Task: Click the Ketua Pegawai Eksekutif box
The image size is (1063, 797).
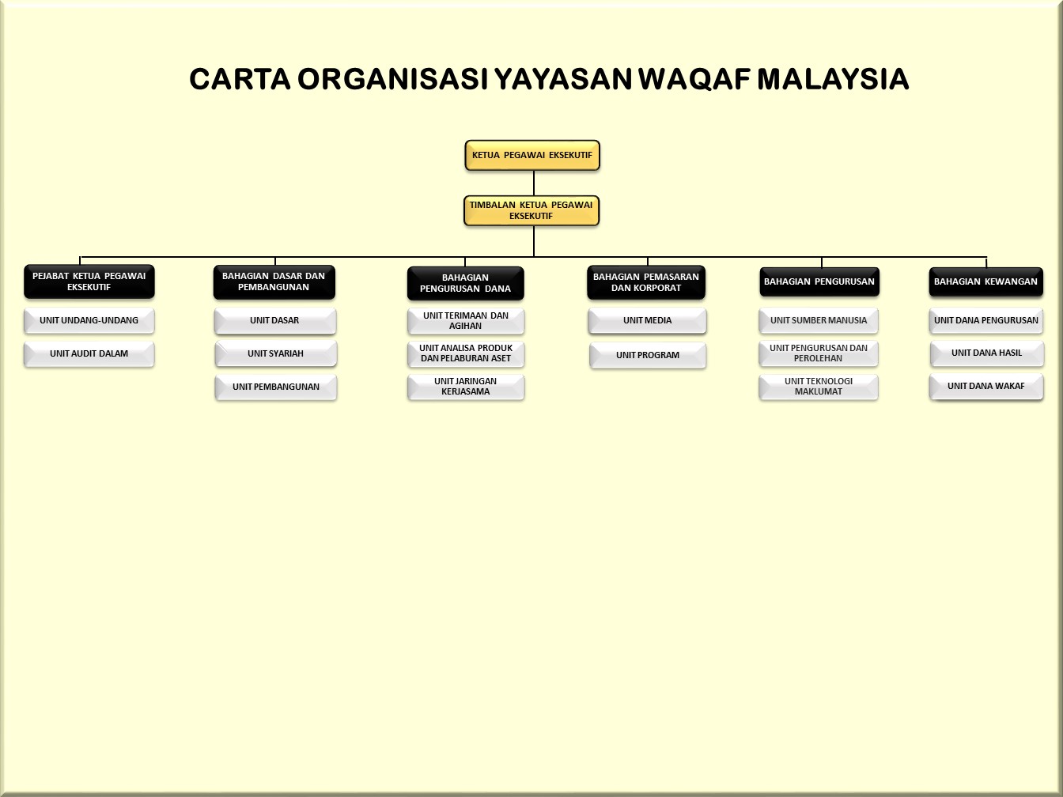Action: click(532, 155)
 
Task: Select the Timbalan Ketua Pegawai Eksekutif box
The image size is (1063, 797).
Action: click(531, 210)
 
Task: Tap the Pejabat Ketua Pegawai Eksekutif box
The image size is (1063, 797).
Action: click(89, 281)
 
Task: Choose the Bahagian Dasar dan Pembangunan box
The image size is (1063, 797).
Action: click(274, 281)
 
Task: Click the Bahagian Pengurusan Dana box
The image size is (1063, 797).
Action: click(465, 283)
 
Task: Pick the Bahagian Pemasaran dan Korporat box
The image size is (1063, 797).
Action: click(646, 282)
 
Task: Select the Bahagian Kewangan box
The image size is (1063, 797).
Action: click(985, 281)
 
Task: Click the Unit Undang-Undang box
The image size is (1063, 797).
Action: click(89, 320)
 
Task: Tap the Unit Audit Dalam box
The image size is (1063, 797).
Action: click(89, 353)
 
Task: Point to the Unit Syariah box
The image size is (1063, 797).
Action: click(275, 353)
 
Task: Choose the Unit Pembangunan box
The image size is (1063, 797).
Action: click(275, 387)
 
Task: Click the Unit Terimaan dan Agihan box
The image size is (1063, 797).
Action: click(466, 321)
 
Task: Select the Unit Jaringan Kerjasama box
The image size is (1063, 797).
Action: click(466, 387)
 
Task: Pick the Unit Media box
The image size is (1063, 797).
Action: click(648, 320)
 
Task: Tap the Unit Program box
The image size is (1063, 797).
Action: click(648, 355)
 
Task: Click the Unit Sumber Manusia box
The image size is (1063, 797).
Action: click(819, 320)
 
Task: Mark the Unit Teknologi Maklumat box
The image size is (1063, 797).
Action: click(819, 387)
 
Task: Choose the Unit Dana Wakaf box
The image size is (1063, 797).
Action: click(986, 386)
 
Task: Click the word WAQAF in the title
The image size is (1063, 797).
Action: click(694, 79)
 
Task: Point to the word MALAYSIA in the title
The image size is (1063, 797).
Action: click(833, 79)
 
